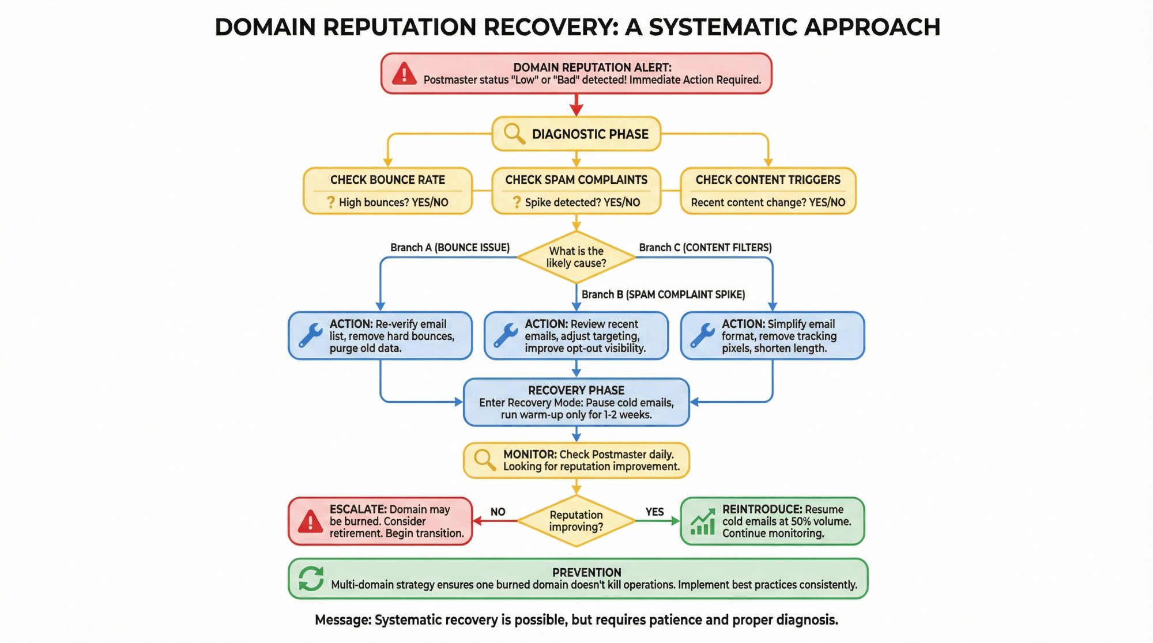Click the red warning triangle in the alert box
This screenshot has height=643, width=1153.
point(404,74)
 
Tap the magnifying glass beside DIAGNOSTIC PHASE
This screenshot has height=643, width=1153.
point(514,134)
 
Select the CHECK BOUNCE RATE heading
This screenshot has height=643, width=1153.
point(387,180)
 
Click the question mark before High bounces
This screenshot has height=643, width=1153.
point(330,202)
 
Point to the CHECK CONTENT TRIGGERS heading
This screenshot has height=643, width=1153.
point(768,180)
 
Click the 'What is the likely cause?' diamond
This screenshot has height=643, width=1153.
point(576,257)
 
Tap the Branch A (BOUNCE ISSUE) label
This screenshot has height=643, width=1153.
point(450,247)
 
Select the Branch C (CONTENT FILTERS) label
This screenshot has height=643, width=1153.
point(705,247)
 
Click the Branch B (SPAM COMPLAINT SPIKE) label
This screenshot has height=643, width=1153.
point(663,294)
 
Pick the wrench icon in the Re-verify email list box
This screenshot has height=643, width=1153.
point(311,335)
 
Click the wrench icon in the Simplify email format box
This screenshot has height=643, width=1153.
point(703,335)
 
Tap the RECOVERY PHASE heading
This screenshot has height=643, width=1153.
point(576,390)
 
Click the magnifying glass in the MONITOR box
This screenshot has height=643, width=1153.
point(484,460)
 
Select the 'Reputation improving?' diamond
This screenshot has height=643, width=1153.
point(576,521)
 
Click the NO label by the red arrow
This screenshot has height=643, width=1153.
point(498,512)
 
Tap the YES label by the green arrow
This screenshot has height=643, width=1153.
point(654,512)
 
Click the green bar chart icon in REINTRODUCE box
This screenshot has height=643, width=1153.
point(703,521)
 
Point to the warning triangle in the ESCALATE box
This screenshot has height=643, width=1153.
point(310,521)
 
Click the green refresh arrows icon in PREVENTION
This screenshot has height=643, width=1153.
point(311,578)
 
